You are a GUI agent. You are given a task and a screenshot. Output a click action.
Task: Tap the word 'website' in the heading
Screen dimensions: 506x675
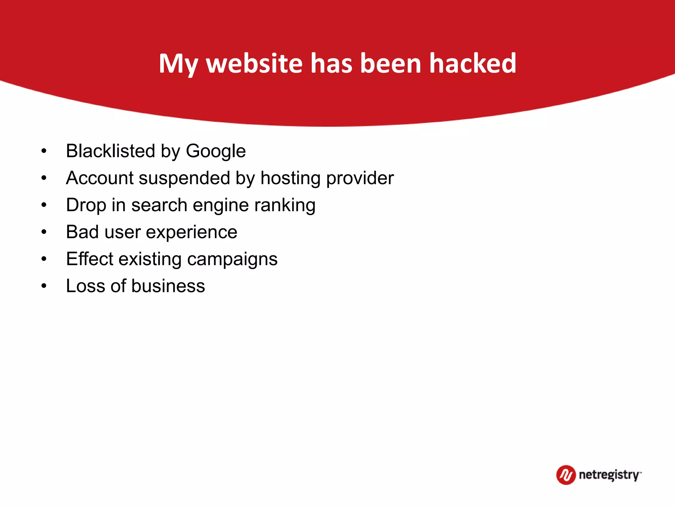(254, 63)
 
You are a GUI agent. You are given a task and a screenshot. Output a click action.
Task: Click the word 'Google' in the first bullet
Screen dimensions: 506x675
(216, 152)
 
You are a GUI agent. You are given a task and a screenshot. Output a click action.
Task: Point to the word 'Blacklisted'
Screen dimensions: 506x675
(110, 151)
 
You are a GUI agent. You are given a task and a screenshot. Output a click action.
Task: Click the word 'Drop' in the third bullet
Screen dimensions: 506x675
(86, 206)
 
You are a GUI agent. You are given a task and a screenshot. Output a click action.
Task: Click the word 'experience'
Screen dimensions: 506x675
(191, 233)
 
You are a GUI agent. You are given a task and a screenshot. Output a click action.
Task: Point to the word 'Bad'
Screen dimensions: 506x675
(82, 232)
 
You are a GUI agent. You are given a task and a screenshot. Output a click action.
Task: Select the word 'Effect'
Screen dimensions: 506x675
(89, 259)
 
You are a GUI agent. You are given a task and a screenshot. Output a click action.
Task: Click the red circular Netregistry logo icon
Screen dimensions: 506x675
(566, 475)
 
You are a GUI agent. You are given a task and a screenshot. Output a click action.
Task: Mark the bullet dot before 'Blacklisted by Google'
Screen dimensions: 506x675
(44, 151)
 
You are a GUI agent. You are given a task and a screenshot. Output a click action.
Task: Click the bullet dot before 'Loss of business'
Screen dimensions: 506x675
(44, 286)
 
